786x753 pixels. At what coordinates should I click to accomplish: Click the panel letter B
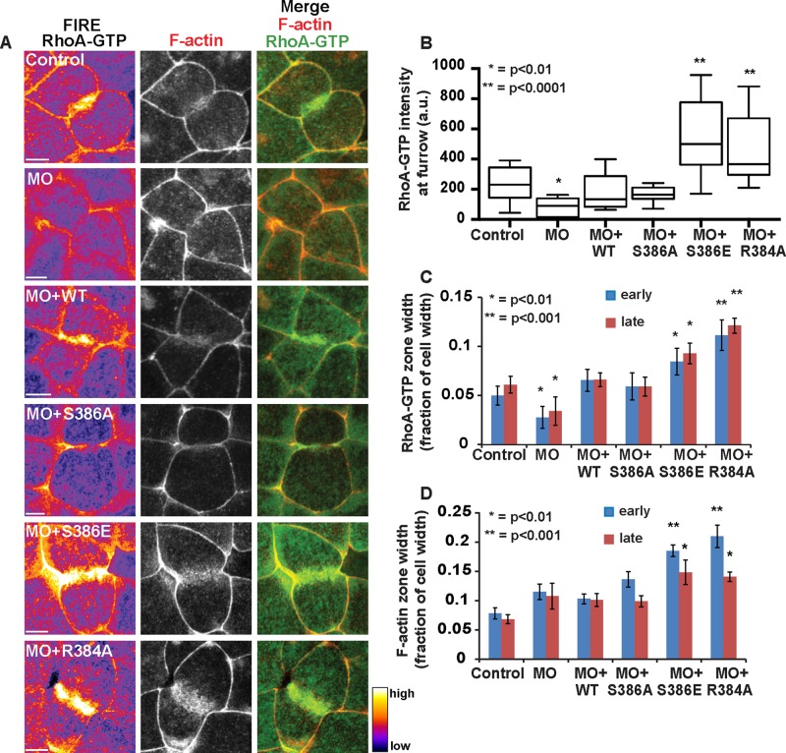point(425,43)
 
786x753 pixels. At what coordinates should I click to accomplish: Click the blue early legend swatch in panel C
point(612,290)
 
